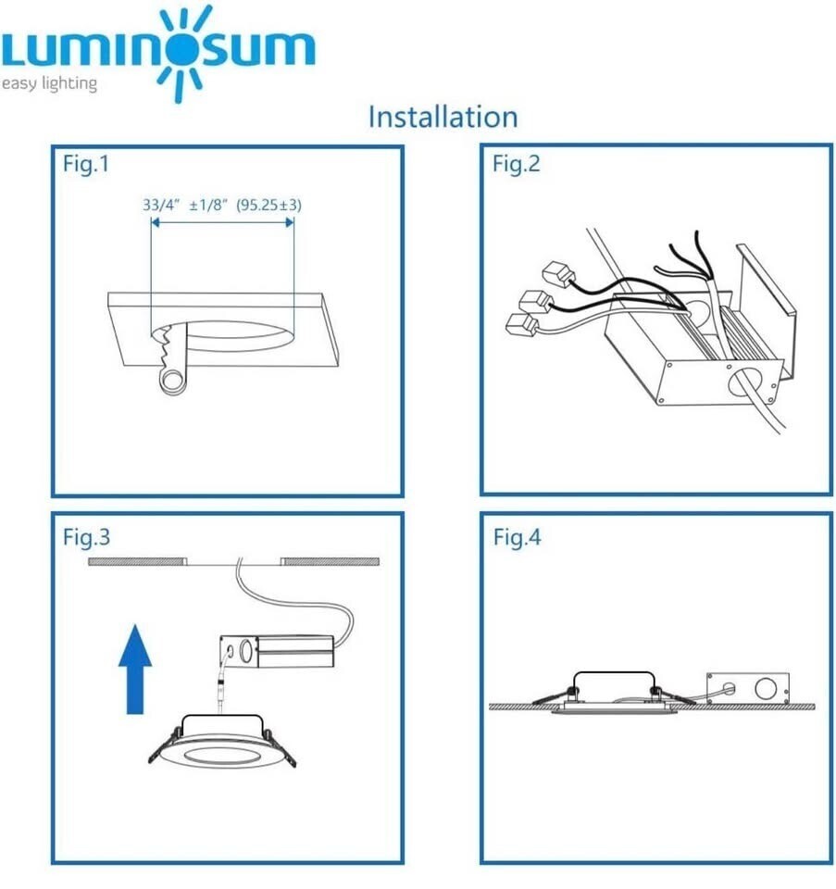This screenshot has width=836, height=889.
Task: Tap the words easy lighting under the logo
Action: pos(49,84)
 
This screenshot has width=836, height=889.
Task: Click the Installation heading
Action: pos(443,118)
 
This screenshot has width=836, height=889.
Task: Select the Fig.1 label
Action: pos(86,165)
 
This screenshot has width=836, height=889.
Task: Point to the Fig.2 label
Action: pos(516,165)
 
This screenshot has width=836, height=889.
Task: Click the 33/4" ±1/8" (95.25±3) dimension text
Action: pos(222,205)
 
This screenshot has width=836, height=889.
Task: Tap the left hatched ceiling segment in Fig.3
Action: pos(136,561)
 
